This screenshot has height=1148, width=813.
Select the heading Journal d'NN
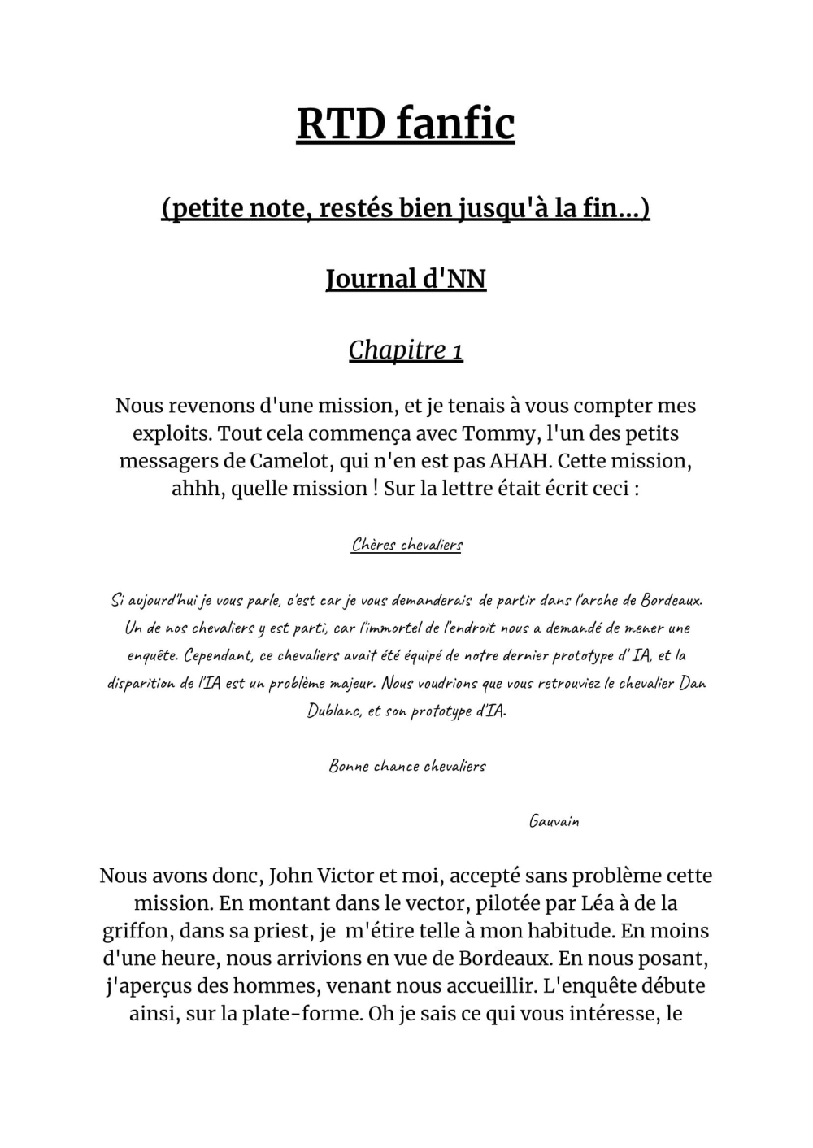click(406, 279)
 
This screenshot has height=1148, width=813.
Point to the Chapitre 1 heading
click(406, 350)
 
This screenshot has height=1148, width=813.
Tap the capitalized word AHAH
click(520, 461)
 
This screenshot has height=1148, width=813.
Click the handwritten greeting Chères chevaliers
click(406, 545)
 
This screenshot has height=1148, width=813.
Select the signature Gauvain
click(554, 821)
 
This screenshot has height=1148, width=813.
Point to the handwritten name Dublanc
click(333, 711)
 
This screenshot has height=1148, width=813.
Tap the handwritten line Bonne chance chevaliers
click(406, 766)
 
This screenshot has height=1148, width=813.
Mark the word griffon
click(135, 931)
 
